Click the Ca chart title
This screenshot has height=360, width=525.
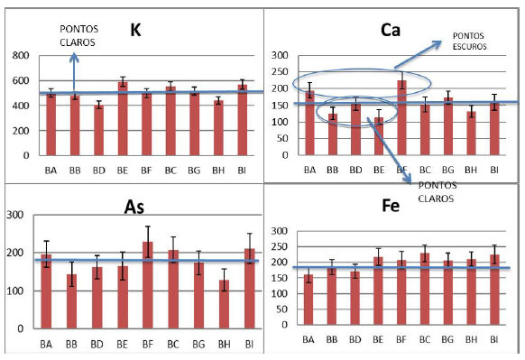389,31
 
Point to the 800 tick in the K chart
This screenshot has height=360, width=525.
18,56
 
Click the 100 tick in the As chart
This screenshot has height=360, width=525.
17,291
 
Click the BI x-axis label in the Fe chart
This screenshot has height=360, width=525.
493,338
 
